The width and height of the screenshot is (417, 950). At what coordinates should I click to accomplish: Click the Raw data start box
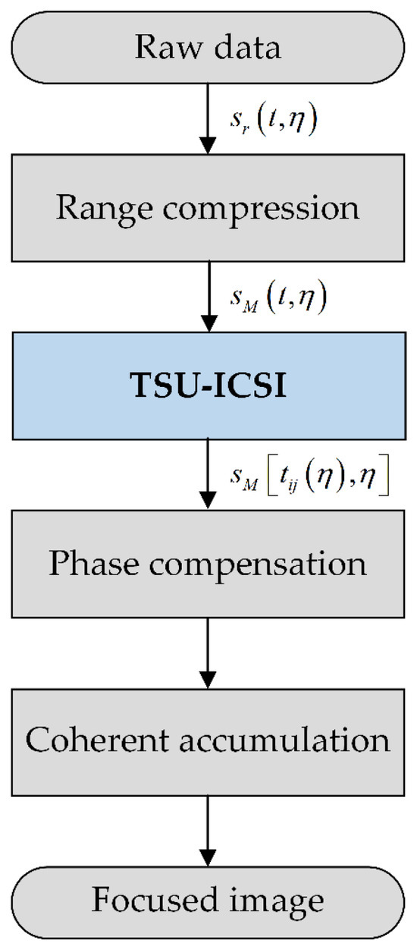(x=208, y=47)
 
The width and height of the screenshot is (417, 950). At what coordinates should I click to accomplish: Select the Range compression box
(x=208, y=207)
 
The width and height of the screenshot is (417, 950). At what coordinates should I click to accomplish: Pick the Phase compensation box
(x=208, y=565)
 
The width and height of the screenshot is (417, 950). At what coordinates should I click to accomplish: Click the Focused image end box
(x=208, y=900)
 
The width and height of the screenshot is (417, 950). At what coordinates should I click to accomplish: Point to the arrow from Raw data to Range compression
(x=208, y=118)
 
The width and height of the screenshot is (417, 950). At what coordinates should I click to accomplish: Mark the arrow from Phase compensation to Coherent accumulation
(x=208, y=653)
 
